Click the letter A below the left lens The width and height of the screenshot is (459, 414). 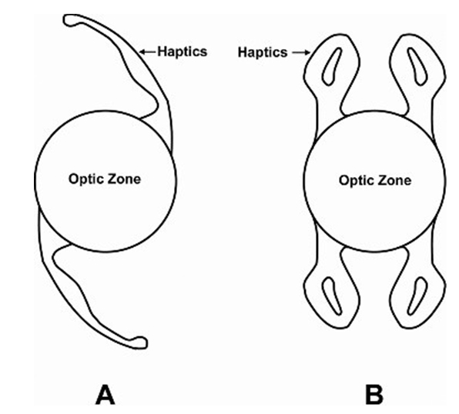[105, 395]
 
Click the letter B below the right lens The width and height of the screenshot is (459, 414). [374, 396]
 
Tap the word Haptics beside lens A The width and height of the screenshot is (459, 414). [183, 52]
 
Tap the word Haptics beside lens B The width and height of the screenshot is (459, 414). [263, 52]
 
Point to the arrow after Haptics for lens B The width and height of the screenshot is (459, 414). [301, 52]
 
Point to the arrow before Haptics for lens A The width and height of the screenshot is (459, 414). [147, 52]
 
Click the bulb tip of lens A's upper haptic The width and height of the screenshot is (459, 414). [69, 21]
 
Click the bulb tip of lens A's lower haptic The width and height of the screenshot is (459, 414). [140, 342]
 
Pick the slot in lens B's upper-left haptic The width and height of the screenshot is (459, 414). [331, 67]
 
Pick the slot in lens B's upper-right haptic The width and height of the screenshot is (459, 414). [418, 67]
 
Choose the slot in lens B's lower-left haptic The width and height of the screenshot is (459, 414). [331, 296]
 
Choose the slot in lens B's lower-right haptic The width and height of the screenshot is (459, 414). [418, 296]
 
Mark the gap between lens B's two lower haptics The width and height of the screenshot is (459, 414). [375, 289]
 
